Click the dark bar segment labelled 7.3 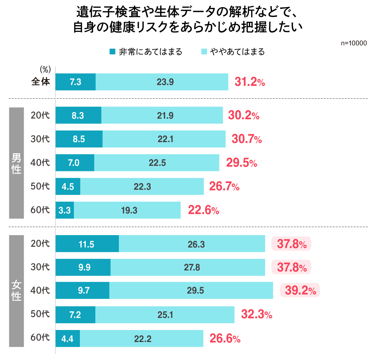pyautogui.click(x=75, y=82)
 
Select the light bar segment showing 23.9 pyautogui.click(x=162, y=82)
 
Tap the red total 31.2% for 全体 pyautogui.click(x=250, y=82)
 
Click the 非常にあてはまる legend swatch pyautogui.click(x=112, y=52)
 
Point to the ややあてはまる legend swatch pyautogui.click(x=204, y=52)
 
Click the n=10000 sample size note pyautogui.click(x=354, y=43)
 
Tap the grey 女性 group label pyautogui.click(x=16, y=291)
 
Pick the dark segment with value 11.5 pyautogui.click(x=87, y=244)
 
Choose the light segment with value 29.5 pyautogui.click(x=191, y=290)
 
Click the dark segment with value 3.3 pyautogui.click(x=64, y=210)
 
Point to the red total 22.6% pyautogui.click(x=204, y=210)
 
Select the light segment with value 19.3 pyautogui.click(x=127, y=210)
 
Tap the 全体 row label pyautogui.click(x=40, y=82)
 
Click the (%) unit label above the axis pyautogui.click(x=45, y=69)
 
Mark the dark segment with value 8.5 pyautogui.click(x=79, y=139)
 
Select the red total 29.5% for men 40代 pyautogui.click(x=241, y=163)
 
